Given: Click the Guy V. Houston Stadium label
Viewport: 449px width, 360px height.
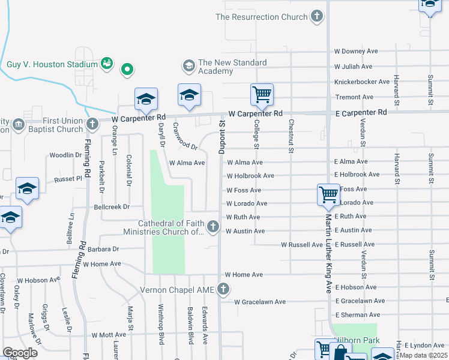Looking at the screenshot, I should pos(52,64).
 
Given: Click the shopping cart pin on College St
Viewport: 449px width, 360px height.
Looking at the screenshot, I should pos(262,94).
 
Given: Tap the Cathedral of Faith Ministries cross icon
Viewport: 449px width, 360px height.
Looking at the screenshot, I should pos(213,227).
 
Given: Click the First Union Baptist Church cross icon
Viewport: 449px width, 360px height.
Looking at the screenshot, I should pos(92,124).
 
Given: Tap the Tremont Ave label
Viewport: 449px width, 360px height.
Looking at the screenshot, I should pos(354,97).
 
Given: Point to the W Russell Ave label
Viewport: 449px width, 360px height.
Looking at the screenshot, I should pos(303,245).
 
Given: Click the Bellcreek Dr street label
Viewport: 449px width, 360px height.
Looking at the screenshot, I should pos(112,207).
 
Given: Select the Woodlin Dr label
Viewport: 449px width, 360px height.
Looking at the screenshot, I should pos(65,155).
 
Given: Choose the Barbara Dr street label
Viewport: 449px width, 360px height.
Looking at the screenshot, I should pos(103,249).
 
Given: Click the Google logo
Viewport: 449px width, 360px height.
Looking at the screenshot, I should pos(20,353).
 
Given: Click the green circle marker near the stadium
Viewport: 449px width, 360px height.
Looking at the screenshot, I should pos(127,70).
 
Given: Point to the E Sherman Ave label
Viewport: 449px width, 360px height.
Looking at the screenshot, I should pos(358,314).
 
